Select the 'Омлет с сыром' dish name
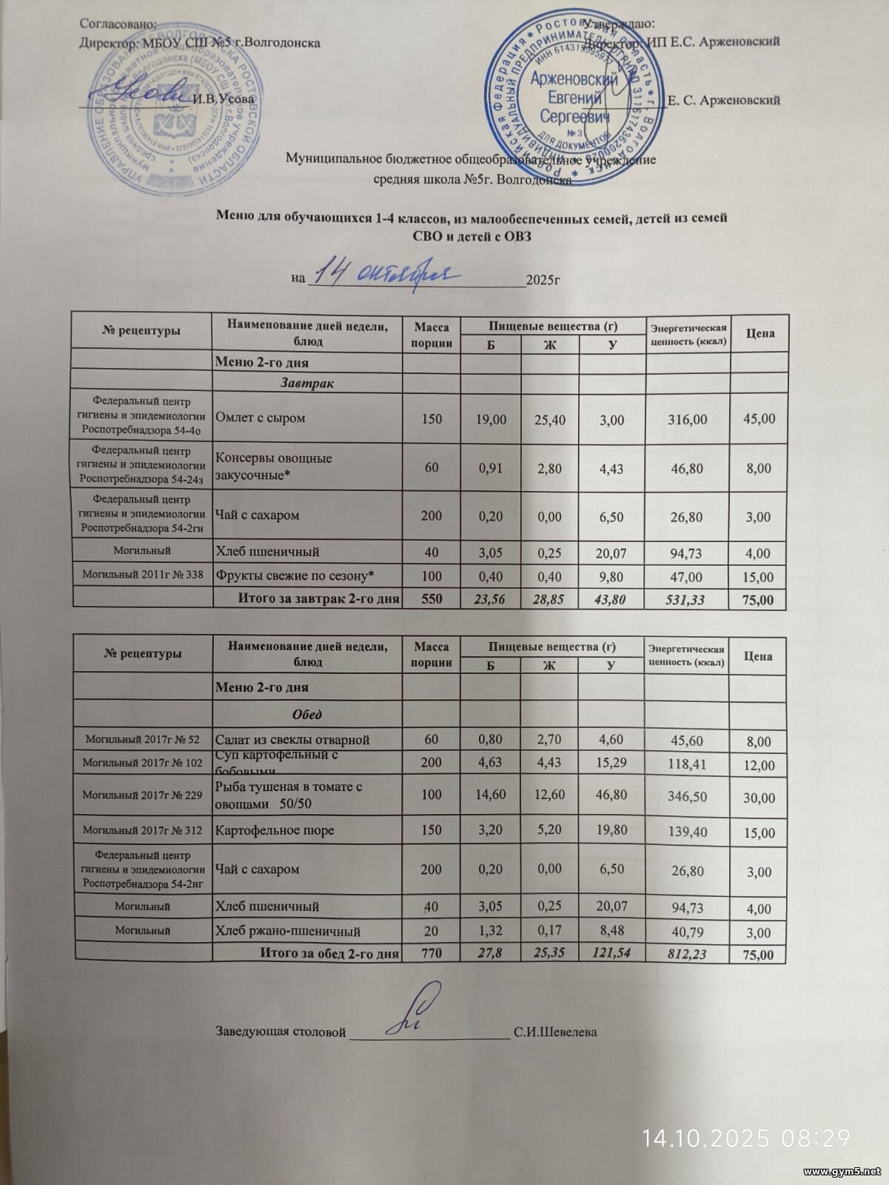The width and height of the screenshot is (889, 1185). [260, 418]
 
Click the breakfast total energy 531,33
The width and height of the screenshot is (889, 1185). [688, 599]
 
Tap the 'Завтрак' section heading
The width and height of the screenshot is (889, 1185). [306, 384]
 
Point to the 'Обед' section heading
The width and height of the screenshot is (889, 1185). [306, 715]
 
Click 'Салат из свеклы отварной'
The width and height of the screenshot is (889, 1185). [292, 739]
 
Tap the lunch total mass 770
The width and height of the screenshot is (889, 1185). [431, 953]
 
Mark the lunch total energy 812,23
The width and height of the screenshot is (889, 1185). [686, 955]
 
